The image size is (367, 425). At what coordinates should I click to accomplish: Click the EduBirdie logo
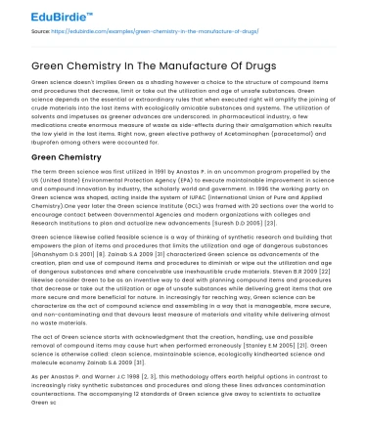click(x=38, y=12)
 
